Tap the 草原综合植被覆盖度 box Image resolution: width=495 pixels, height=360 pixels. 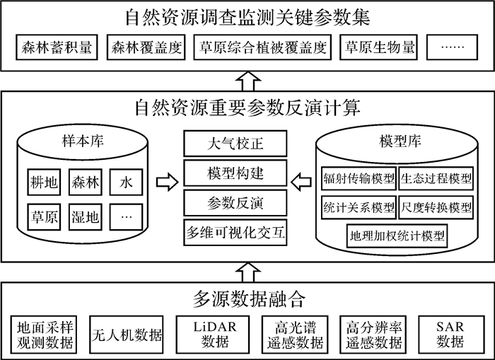pyautogui.click(x=262, y=48)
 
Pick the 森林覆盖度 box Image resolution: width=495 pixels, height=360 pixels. pyautogui.click(x=146, y=48)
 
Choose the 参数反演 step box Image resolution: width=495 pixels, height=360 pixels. pyautogui.click(x=235, y=204)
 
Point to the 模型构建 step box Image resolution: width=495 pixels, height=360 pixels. pyautogui.click(x=235, y=174)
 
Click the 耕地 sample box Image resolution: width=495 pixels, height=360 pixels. pyautogui.click(x=44, y=182)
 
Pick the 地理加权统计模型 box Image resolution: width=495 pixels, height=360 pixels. pyautogui.click(x=397, y=236)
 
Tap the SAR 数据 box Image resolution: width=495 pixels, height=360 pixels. pyautogui.click(x=450, y=333)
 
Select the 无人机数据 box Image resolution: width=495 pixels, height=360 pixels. pyautogui.click(x=128, y=333)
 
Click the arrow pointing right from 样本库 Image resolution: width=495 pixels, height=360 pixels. pyautogui.click(x=164, y=184)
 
